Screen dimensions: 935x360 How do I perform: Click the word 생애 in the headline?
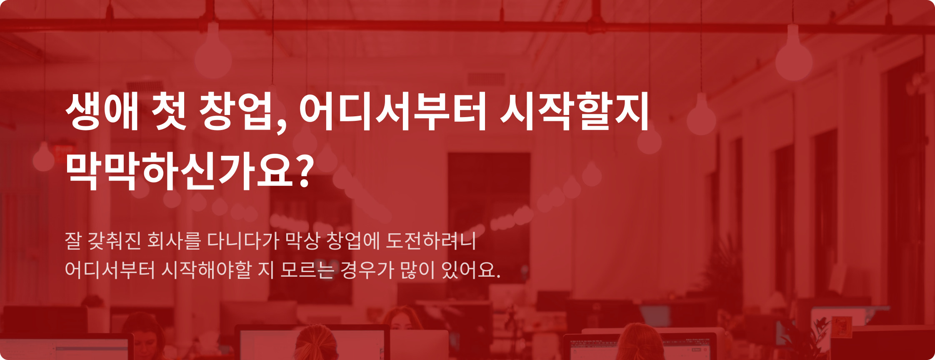102,111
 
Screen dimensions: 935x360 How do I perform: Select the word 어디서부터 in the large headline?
393,112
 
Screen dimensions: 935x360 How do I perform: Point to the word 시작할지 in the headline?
575,111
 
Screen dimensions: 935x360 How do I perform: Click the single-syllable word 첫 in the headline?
169,111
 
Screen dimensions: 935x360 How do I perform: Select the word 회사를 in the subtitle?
174,241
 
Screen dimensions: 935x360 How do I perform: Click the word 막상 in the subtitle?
302,241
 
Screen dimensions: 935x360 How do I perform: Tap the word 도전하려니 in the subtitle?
431,241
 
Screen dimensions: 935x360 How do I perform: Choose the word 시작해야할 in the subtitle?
206,270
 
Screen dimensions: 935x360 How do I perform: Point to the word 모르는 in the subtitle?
307,270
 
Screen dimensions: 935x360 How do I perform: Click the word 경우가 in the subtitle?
367,270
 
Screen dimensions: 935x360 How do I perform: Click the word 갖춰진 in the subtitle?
114,241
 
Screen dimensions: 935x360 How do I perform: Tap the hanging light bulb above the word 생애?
44,157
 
